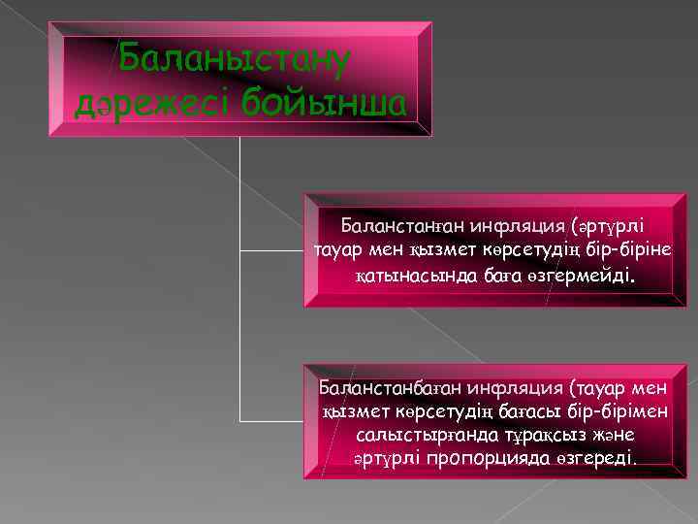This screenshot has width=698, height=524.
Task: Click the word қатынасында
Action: click(402, 278)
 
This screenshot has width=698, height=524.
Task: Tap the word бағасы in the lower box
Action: click(530, 410)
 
